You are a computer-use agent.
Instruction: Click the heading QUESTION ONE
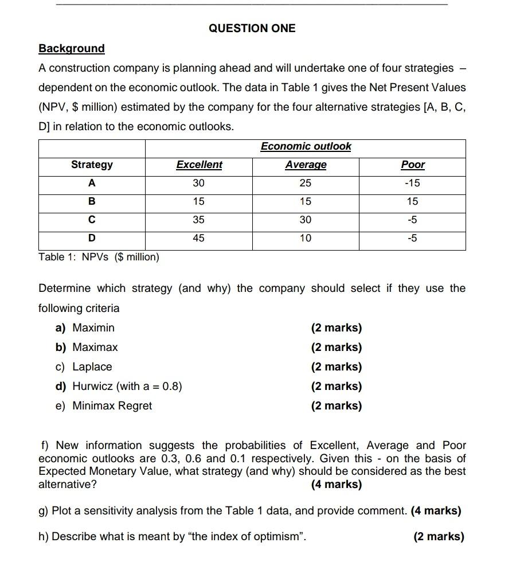click(252, 28)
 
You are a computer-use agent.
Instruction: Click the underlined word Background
click(72, 48)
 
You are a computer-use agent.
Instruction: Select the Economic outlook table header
click(306, 146)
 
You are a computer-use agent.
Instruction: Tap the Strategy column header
click(92, 165)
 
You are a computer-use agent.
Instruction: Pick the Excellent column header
click(199, 165)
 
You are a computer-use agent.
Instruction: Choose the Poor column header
click(413, 165)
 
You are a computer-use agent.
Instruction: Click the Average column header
click(306, 165)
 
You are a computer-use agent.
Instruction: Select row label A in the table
click(92, 183)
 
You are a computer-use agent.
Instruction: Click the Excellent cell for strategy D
click(199, 238)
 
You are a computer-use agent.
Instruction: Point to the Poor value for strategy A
click(413, 183)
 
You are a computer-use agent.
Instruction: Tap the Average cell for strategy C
click(306, 220)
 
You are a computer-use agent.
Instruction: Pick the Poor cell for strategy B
click(413, 201)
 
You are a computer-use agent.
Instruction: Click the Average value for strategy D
click(306, 238)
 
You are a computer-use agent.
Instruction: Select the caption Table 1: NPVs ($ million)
click(99, 257)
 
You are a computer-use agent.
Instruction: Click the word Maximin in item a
click(93, 327)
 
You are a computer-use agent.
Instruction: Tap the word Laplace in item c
click(92, 366)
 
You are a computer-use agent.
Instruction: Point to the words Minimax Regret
click(112, 405)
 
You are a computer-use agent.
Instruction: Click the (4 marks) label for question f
click(337, 485)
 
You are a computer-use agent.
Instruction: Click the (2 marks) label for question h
click(439, 536)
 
